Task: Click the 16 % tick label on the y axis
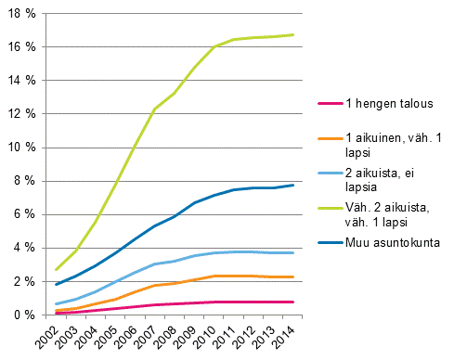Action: [x=22, y=46]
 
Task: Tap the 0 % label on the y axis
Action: [x=25, y=315]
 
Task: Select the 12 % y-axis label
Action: [x=22, y=114]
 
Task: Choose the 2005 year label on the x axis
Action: [x=109, y=337]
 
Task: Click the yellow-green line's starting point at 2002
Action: [x=56, y=269]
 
